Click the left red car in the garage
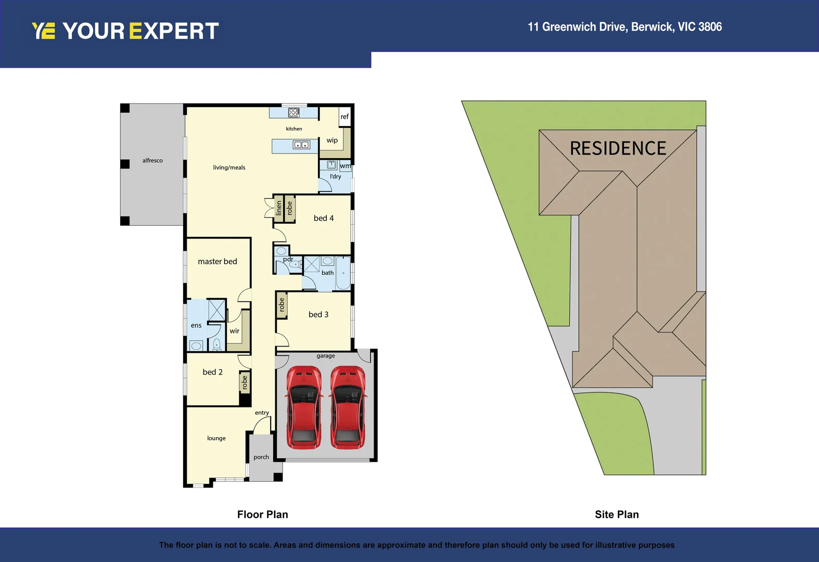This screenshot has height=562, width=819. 304,407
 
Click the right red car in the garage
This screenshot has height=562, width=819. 348,407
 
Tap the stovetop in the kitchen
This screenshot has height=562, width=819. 293,112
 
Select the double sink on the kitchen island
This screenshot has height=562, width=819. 302,145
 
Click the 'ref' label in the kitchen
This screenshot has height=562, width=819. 345,117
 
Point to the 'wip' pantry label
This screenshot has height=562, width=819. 332,140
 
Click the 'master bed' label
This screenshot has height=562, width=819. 217,261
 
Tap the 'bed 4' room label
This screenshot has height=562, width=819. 324,218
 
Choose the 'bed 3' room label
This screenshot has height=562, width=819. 318,314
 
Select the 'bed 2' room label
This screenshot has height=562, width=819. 212,372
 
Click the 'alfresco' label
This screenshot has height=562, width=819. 152,160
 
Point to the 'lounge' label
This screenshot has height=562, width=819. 216,438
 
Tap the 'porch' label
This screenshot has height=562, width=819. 261,457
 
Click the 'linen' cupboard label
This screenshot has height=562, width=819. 278,208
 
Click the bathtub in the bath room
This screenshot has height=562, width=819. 343,273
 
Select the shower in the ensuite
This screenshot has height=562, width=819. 216,310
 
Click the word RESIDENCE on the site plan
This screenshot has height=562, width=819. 618,148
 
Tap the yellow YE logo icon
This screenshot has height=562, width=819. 44,31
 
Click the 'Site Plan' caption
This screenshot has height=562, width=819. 617,515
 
